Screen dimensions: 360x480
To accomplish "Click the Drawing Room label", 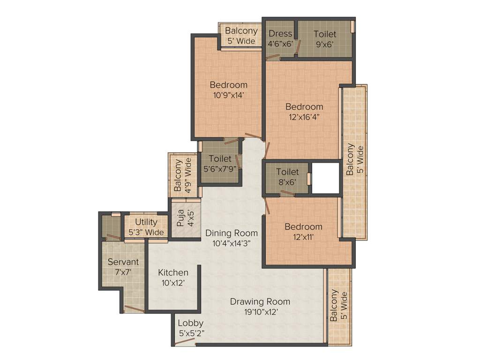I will click(260, 301).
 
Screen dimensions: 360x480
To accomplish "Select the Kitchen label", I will click(173, 272).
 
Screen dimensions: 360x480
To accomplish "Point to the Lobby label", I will click(190, 323).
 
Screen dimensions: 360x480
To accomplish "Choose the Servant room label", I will click(123, 262).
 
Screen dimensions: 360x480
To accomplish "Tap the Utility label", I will click(146, 222).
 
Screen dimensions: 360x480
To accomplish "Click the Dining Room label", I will click(232, 232).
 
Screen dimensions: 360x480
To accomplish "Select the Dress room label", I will click(280, 34).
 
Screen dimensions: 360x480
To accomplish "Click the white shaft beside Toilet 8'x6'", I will click(325, 178).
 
